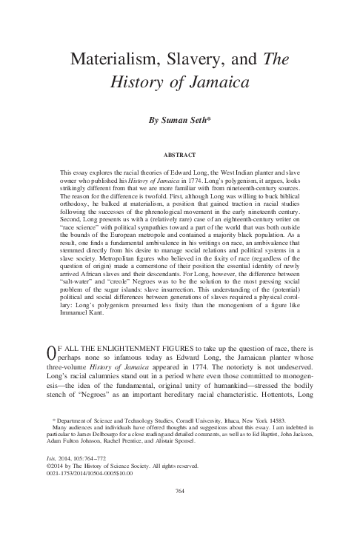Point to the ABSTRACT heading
click(x=180, y=156)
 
